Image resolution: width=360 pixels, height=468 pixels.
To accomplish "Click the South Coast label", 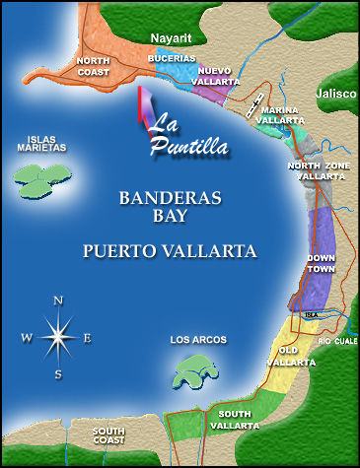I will click(x=108, y=435).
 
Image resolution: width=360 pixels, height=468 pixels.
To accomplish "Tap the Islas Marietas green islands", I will click(x=43, y=177).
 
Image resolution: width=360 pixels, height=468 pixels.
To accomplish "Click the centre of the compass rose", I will click(x=57, y=337).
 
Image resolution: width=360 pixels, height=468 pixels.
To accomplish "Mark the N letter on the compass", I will click(x=58, y=301).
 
